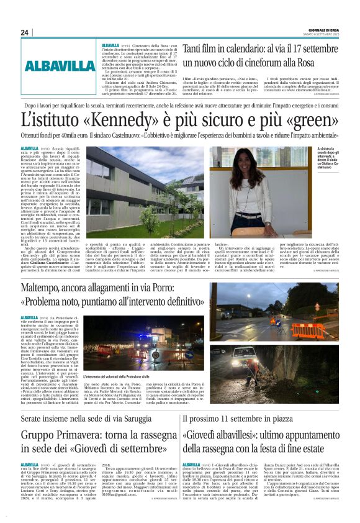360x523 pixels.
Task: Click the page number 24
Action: tap(25, 32)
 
